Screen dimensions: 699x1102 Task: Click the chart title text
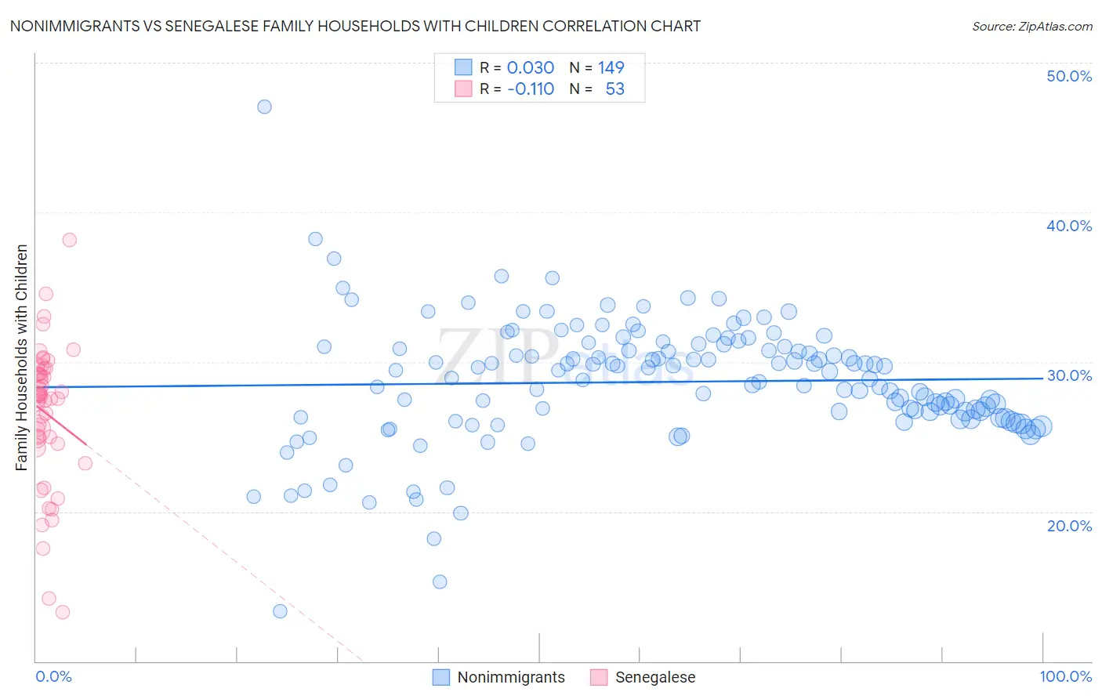click(x=355, y=26)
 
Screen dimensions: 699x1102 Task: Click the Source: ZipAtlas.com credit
click(x=1031, y=26)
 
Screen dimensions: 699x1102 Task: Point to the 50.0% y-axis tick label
click(x=1068, y=76)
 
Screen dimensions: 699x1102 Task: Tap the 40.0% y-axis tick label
click(x=1068, y=226)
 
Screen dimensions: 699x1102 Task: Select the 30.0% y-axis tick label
click(x=1068, y=375)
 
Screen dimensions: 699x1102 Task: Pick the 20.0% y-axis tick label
click(x=1068, y=526)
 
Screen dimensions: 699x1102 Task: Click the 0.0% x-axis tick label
click(x=53, y=676)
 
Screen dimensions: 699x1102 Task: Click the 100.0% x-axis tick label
click(x=1065, y=676)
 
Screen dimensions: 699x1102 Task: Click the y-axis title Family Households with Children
click(x=22, y=357)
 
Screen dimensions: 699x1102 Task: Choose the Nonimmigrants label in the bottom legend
click(x=511, y=677)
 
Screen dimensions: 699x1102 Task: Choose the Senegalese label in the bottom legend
click(x=655, y=677)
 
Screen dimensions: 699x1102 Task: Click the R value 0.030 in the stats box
click(x=531, y=67)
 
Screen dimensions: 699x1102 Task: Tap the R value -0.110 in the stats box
click(x=531, y=89)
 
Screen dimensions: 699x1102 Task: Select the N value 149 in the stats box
click(x=611, y=67)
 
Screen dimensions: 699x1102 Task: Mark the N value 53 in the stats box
click(x=615, y=89)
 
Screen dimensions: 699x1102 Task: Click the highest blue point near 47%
click(x=264, y=107)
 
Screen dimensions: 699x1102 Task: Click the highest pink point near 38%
click(x=69, y=240)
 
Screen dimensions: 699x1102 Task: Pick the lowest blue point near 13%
click(x=280, y=611)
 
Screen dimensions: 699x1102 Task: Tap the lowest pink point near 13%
click(x=63, y=612)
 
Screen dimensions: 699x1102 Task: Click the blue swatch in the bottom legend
click(x=441, y=677)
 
